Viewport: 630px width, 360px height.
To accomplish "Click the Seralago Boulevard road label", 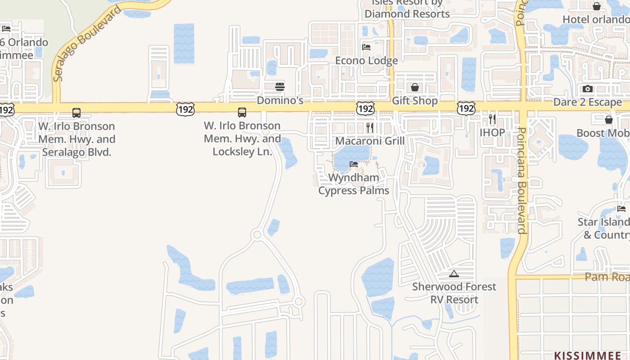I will point(87,44).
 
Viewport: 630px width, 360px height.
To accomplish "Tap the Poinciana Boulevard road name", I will point(522,180).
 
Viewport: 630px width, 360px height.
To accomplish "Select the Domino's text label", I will point(280,100).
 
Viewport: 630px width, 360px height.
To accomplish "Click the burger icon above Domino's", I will point(280,86).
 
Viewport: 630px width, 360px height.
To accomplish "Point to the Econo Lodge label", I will point(366,60).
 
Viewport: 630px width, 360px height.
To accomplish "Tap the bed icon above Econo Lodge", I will point(366,47).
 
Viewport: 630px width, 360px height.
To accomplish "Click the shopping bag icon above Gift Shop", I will point(414,87).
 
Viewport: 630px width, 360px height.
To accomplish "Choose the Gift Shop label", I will point(414,100).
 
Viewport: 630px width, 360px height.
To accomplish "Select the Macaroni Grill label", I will point(370,141).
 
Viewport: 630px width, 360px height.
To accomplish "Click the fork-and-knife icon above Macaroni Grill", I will point(370,127).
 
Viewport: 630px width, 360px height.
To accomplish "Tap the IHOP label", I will point(492,133).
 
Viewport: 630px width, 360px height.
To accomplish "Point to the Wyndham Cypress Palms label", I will point(354,184).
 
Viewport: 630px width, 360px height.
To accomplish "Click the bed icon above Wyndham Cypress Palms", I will point(354,164).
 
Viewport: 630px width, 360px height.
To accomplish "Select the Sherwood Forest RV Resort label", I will point(454,293).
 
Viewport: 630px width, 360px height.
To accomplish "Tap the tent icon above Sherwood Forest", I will point(454,274).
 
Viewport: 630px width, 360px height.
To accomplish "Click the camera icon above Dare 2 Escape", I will point(587,89).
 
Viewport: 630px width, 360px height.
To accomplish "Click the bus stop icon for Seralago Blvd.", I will point(76,112).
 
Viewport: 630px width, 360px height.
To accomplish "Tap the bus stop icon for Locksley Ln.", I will point(242,112).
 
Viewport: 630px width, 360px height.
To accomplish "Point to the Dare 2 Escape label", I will point(587,102).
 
